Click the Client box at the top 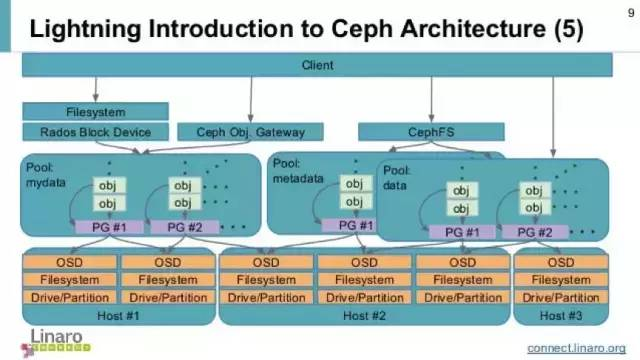[317, 65]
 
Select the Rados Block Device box [96, 132]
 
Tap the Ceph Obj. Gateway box [241, 132]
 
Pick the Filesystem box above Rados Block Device [96, 112]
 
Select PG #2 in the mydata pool [184, 227]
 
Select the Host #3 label [560, 316]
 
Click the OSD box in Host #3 [560, 263]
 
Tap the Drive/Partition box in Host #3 [560, 298]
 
